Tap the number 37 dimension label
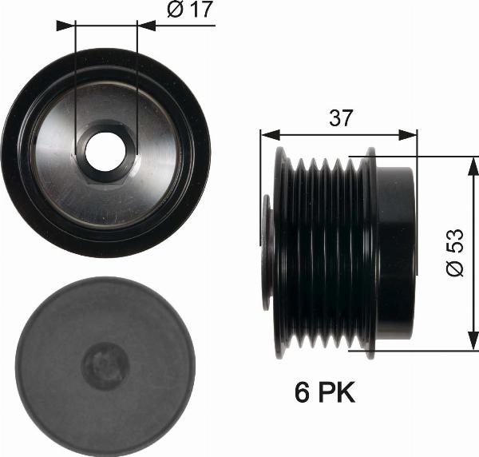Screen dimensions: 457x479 (339, 118)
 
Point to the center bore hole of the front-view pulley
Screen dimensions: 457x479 (105, 152)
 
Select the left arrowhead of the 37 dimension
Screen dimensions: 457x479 (267, 133)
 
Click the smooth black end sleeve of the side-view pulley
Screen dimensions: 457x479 (397, 252)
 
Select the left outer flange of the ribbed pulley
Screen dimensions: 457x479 (281, 252)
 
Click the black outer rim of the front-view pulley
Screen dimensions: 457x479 (16, 152)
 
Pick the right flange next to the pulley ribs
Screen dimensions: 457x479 (370, 252)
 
